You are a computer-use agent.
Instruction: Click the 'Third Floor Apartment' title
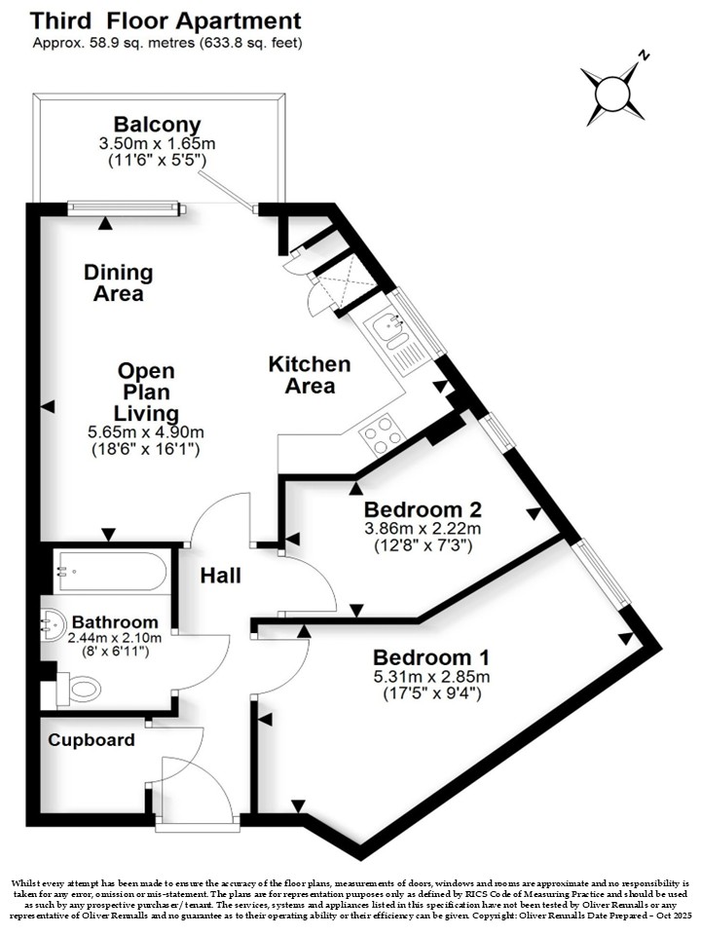[x=166, y=20]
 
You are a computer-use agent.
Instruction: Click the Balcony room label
[x=158, y=125]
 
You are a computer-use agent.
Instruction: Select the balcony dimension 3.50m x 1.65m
[x=158, y=144]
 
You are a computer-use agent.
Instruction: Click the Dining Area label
[x=119, y=282]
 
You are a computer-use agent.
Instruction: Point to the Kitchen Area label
[x=310, y=374]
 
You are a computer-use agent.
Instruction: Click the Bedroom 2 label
[x=423, y=509]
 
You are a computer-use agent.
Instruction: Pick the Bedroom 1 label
[x=431, y=657]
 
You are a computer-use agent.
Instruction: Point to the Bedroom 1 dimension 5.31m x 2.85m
[x=431, y=677]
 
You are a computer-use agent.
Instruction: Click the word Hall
[x=221, y=576]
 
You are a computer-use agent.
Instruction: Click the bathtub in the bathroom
[x=110, y=572]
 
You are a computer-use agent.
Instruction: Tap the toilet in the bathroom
[x=78, y=690]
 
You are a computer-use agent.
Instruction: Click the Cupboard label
[x=92, y=740]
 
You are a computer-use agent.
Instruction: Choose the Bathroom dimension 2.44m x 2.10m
[x=115, y=637]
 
